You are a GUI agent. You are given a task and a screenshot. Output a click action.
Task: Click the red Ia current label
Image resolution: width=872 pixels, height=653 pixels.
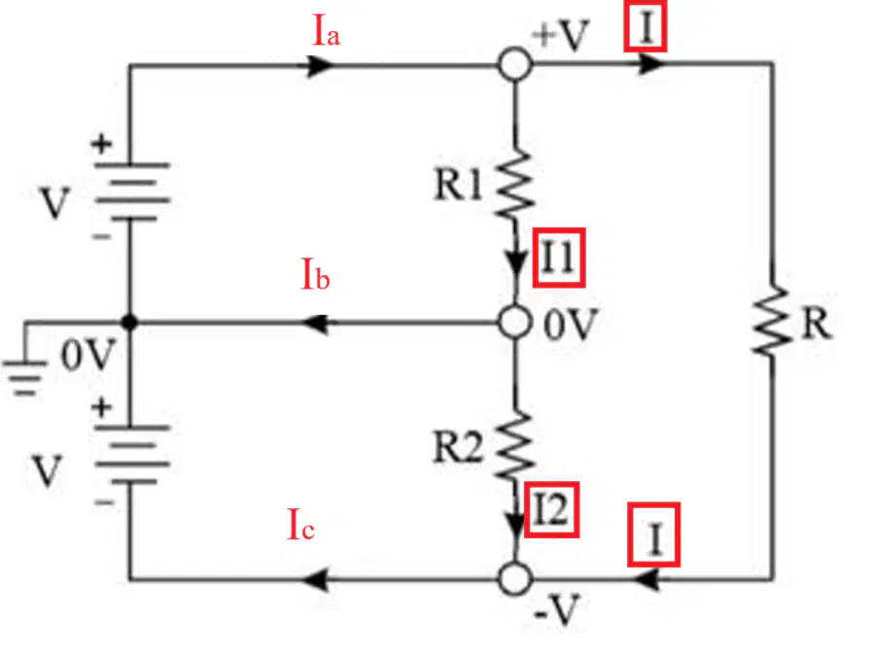(x=327, y=29)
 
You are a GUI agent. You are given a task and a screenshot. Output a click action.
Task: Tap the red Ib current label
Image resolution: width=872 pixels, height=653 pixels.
(x=315, y=273)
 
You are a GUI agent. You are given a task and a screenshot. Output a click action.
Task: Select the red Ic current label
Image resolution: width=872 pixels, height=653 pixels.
(x=300, y=524)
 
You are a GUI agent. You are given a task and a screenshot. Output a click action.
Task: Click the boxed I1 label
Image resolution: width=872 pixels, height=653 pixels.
(x=559, y=258)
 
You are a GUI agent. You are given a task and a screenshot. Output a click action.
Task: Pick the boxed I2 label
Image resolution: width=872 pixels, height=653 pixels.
(x=551, y=509)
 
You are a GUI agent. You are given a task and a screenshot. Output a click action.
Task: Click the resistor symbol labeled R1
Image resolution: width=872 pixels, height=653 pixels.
(x=514, y=184)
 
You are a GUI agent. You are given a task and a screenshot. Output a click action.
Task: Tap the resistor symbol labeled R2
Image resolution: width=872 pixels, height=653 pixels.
(x=514, y=446)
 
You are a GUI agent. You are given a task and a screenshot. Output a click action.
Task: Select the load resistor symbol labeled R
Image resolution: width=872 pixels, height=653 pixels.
(x=771, y=322)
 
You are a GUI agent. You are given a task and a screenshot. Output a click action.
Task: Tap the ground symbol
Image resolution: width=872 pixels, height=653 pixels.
(x=24, y=378)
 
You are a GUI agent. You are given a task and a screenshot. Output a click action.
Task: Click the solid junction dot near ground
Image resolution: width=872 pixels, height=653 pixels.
(x=129, y=322)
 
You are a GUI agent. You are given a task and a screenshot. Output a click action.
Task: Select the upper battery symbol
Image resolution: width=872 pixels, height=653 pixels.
(x=131, y=191)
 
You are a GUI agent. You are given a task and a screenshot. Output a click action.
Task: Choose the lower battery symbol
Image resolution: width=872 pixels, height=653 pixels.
(x=131, y=455)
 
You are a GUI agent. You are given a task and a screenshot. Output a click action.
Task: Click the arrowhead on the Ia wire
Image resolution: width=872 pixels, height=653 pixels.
(x=321, y=65)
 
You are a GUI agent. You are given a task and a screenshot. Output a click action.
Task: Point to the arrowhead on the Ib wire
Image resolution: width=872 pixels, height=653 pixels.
(x=315, y=323)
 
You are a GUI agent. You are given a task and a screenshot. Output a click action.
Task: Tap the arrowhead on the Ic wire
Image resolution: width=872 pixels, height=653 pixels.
(x=315, y=580)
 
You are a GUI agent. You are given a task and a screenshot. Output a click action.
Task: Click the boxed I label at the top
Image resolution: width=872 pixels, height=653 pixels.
(x=645, y=26)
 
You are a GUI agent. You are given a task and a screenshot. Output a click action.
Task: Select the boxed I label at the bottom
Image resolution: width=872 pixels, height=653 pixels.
(x=654, y=534)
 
